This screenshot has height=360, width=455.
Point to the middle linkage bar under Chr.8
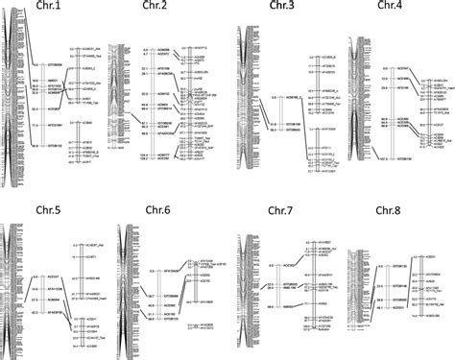[x=385, y=288]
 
